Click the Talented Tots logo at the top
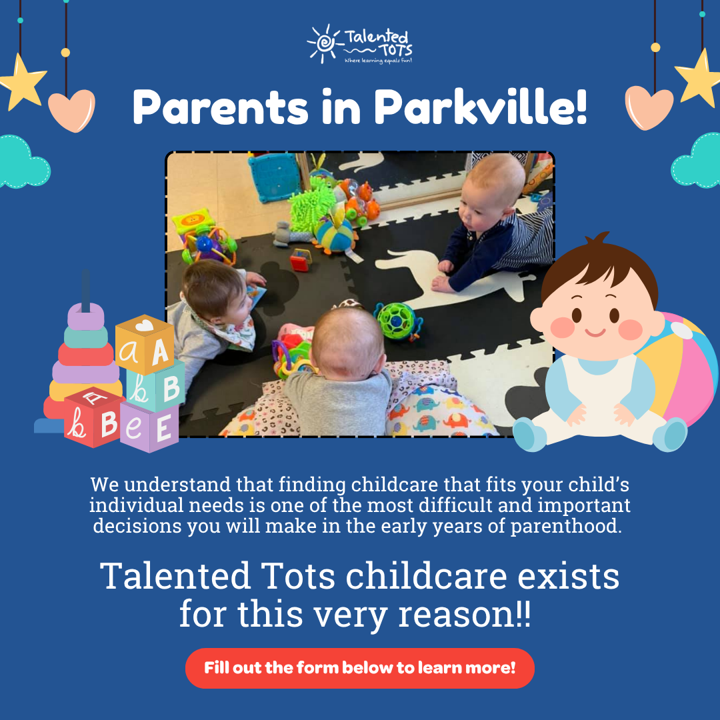pos(360,44)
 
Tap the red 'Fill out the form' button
pos(360,667)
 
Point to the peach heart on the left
pos(71,106)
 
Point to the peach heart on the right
pos(649,106)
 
